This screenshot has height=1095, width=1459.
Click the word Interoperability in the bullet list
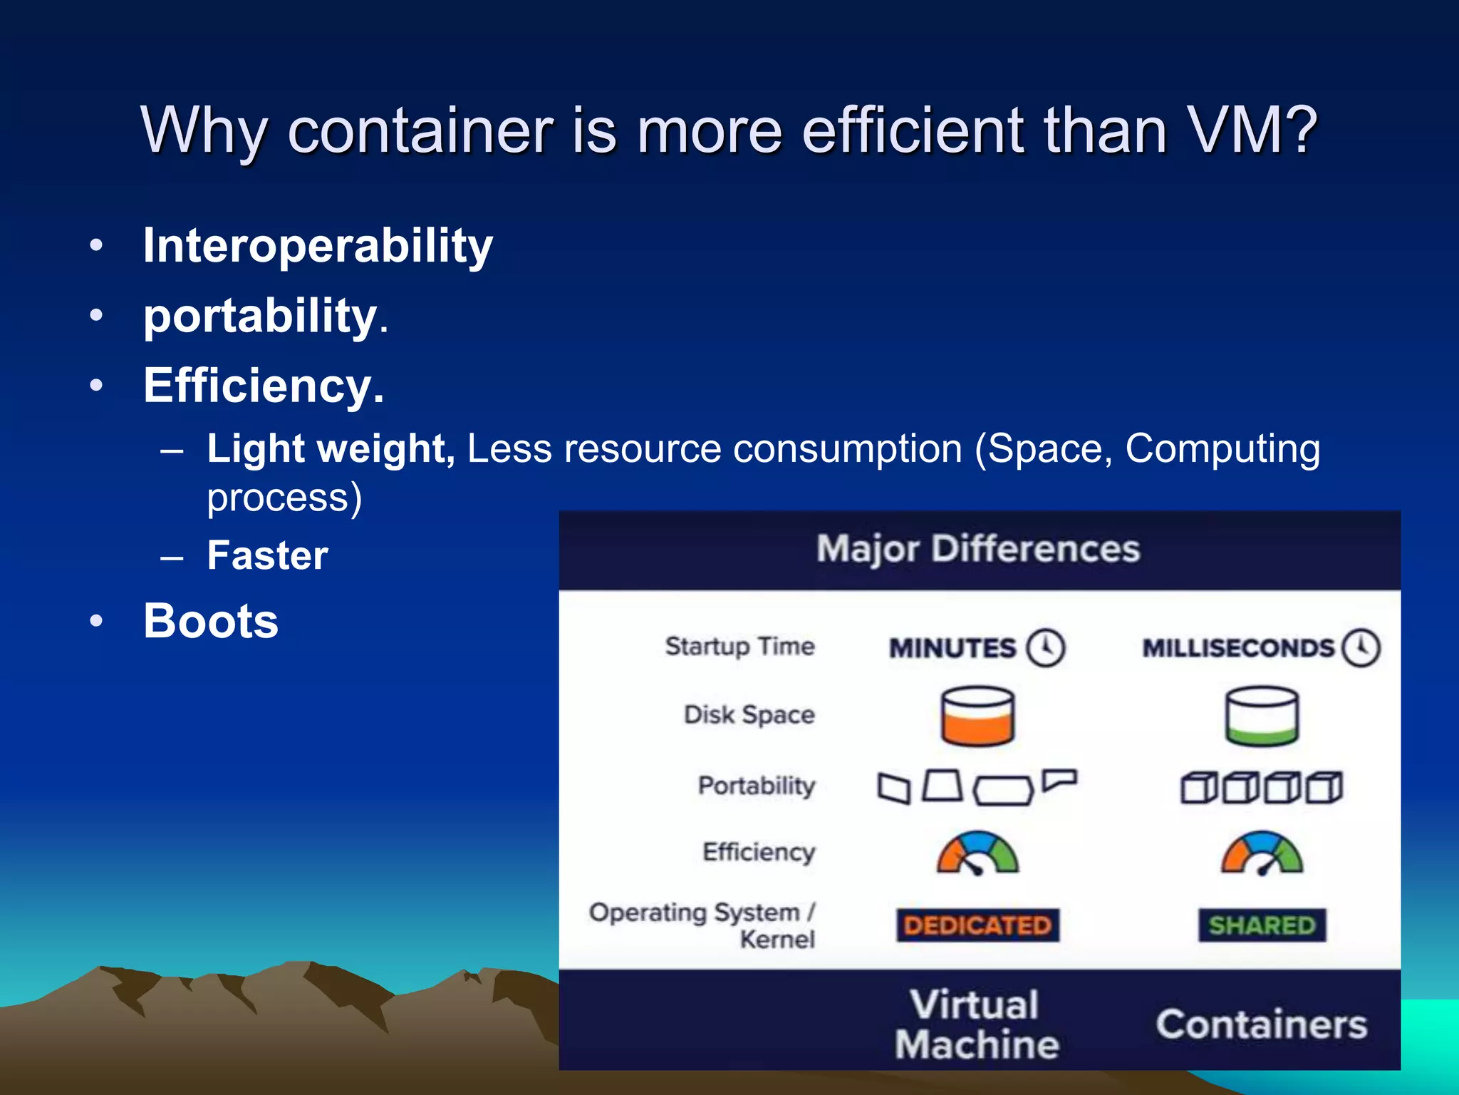click(318, 246)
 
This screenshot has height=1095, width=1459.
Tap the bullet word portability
click(260, 316)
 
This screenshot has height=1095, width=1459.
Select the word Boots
click(211, 621)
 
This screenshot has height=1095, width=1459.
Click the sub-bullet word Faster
click(267, 555)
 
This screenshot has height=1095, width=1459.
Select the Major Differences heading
click(978, 549)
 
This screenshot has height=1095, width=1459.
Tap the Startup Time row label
click(739, 647)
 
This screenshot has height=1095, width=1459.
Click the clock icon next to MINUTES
click(1045, 647)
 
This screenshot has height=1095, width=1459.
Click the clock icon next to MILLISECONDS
click(1361, 647)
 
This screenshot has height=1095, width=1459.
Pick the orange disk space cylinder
click(977, 716)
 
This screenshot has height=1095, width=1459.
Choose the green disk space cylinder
click(1262, 716)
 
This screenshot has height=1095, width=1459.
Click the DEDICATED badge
click(977, 925)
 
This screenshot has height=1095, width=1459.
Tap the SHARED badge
click(1262, 925)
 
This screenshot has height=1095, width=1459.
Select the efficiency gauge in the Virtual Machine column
click(977, 853)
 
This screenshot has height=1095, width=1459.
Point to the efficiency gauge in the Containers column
click(1262, 853)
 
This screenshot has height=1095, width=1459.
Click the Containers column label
click(1261, 1025)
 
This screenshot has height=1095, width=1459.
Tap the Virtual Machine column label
click(976, 1025)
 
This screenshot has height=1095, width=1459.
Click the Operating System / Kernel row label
click(702, 925)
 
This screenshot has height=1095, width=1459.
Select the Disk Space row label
click(749, 714)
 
